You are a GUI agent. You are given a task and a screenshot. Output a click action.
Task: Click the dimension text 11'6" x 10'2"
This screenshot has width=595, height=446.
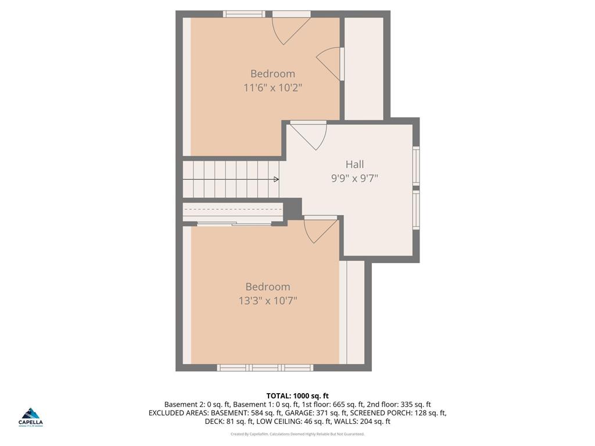[273, 88]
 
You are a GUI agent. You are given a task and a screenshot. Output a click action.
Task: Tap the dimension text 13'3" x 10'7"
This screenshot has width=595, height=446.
[267, 301]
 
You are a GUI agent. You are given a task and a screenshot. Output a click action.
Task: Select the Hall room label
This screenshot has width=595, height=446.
[354, 164]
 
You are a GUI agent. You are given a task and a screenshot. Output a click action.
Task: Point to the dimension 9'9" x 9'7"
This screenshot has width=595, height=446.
[354, 179]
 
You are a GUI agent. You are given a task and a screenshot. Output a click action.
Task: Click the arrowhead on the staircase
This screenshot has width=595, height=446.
[276, 179]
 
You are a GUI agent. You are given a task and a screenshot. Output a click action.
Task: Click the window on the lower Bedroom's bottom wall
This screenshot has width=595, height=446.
[265, 368]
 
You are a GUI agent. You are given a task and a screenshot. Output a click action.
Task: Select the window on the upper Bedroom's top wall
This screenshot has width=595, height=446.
[244, 14]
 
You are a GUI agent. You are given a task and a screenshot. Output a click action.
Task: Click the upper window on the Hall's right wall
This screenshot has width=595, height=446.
[416, 166]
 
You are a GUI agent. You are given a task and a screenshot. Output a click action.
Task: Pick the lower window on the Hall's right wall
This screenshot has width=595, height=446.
[416, 210]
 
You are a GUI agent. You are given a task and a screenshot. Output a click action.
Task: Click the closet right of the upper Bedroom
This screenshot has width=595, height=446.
[364, 68]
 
